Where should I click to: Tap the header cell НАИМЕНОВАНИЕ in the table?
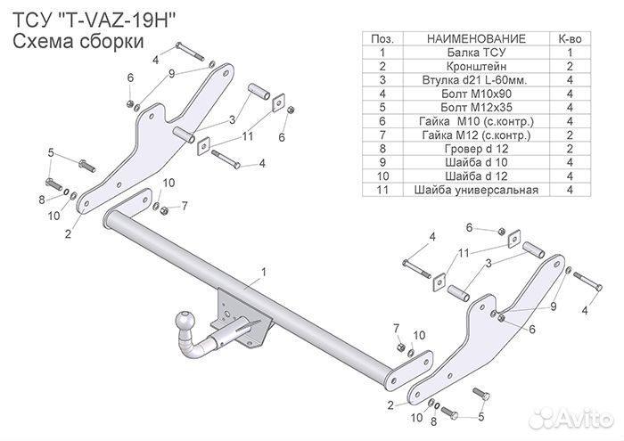pyautogui.click(x=476, y=39)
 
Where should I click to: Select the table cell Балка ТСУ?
pyautogui.click(x=476, y=53)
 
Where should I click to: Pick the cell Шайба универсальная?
pyautogui.click(x=476, y=189)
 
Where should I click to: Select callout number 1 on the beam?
pyautogui.click(x=264, y=269)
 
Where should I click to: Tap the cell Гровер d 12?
pyautogui.click(x=476, y=148)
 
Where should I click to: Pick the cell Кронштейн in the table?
pyautogui.click(x=476, y=67)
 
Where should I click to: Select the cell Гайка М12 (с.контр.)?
pyautogui.click(x=476, y=135)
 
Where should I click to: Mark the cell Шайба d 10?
pyautogui.click(x=476, y=162)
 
